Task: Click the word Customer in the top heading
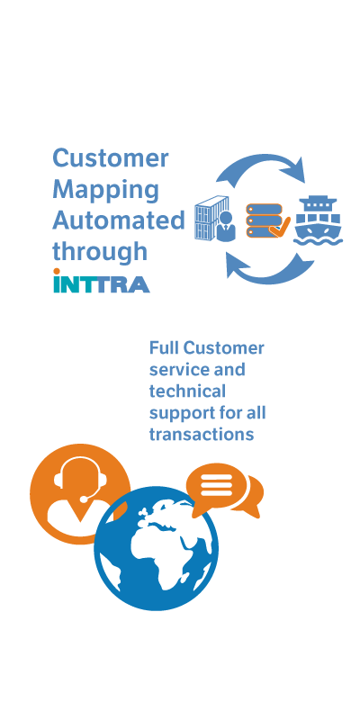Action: pos(111,158)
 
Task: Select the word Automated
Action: pos(119,220)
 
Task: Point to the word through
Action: pos(100,253)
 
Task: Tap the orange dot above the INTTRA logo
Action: pos(57,272)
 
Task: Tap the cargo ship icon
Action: pos(319,220)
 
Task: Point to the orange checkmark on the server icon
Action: pos(280,227)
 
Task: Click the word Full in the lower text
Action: pos(164,348)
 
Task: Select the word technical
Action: pos(187,391)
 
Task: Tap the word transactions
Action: pos(202,435)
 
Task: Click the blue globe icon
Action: pos(156,549)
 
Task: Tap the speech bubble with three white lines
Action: pos(217,487)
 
